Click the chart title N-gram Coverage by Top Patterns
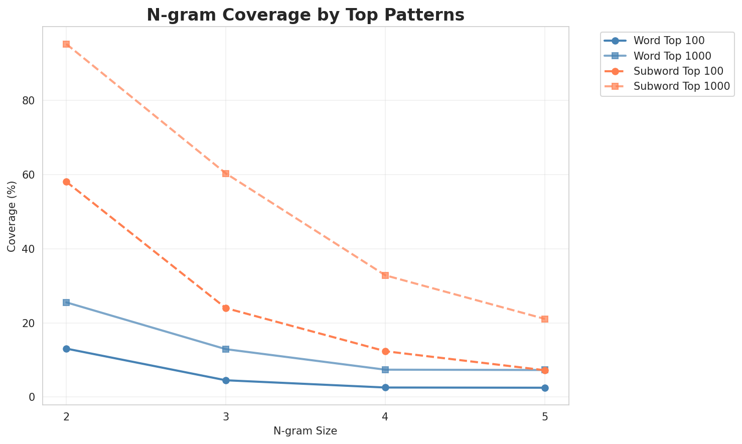tap(305, 15)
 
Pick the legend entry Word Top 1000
tap(672, 55)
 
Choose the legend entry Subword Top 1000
tap(681, 86)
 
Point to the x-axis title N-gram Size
tap(305, 431)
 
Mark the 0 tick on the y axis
tap(32, 397)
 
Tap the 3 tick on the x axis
tap(226, 417)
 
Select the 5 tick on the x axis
tap(545, 417)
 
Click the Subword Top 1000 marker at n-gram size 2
tap(66, 44)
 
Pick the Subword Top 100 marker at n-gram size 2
tap(66, 182)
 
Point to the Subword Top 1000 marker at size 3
tap(226, 174)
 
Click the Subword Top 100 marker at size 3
tap(226, 308)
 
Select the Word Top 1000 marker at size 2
tap(66, 303)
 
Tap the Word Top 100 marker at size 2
tap(66, 349)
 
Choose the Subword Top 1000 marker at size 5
tap(545, 319)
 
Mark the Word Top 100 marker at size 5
tap(545, 388)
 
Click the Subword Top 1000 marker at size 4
tap(385, 275)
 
